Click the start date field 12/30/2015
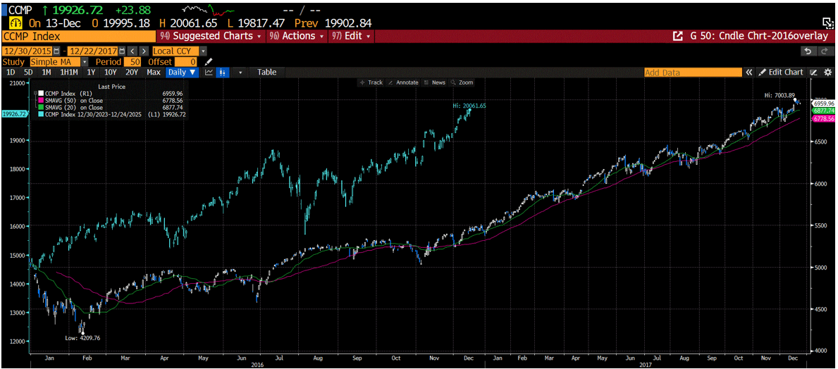point(28,51)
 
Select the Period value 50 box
point(132,62)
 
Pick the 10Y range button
point(111,73)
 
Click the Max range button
point(154,73)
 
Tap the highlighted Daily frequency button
point(182,73)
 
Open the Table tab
point(266,73)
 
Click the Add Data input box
point(693,73)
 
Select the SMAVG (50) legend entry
point(70,101)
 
